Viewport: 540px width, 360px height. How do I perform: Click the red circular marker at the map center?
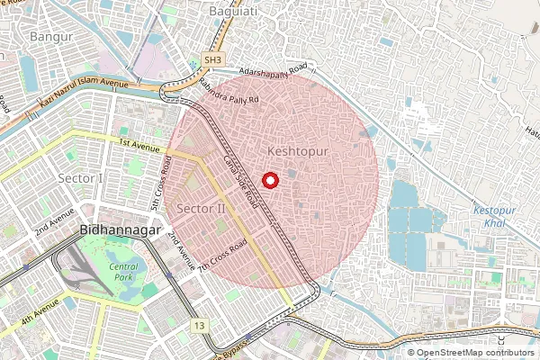[x=269, y=181]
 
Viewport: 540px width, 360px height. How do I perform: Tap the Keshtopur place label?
[x=298, y=152]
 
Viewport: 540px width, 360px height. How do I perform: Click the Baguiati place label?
[x=233, y=11]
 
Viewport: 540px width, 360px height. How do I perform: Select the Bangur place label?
[x=50, y=37]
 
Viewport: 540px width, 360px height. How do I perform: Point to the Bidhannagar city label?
[x=119, y=231]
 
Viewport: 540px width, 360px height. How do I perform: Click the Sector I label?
[x=80, y=178]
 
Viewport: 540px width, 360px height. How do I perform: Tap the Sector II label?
[x=200, y=209]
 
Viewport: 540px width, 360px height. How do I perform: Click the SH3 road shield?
[x=212, y=59]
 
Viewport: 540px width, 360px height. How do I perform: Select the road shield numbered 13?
[x=199, y=325]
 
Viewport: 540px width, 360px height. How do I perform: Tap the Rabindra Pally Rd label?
[x=229, y=94]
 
